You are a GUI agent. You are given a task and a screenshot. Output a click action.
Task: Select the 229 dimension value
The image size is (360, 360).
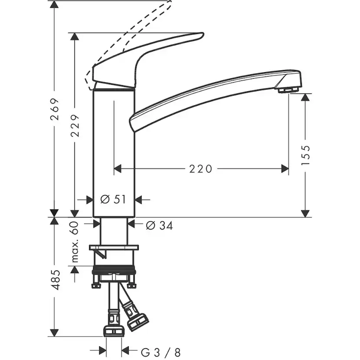click(75, 126)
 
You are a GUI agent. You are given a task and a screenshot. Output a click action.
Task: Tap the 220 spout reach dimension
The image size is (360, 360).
click(200, 168)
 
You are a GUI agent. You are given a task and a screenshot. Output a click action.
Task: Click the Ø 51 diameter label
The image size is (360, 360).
click(113, 199)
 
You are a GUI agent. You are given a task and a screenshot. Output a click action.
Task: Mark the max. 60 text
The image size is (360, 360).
click(74, 242)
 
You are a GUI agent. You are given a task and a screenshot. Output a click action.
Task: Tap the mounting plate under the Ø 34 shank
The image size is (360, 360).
click(114, 247)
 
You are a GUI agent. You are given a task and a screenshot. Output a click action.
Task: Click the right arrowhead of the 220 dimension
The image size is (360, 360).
click(285, 168)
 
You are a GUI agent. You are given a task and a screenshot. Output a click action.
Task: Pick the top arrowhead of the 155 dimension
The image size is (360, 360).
click(306, 97)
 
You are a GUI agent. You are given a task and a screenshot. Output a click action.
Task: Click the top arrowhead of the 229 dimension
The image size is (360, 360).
click(75, 36)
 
